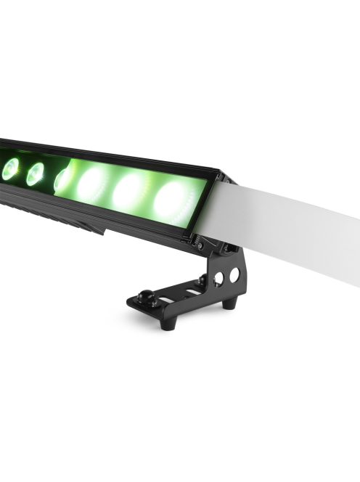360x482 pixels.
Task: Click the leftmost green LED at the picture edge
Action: tap(9, 169)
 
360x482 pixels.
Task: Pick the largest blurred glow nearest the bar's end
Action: tap(172, 196)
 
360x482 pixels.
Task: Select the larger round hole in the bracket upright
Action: tap(234, 276)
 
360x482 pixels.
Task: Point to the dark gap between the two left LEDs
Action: tap(22, 172)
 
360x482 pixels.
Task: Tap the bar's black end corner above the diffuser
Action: tap(214, 176)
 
